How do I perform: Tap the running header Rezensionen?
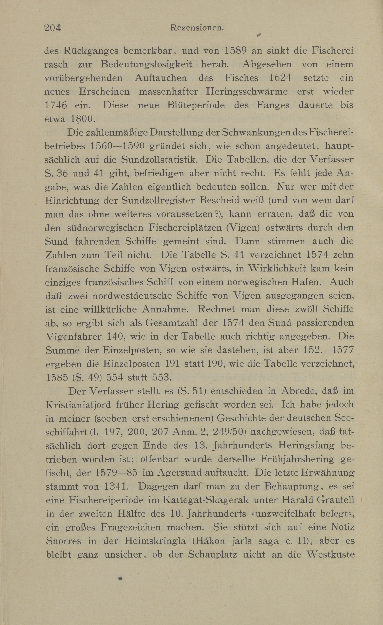[x=197, y=28]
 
